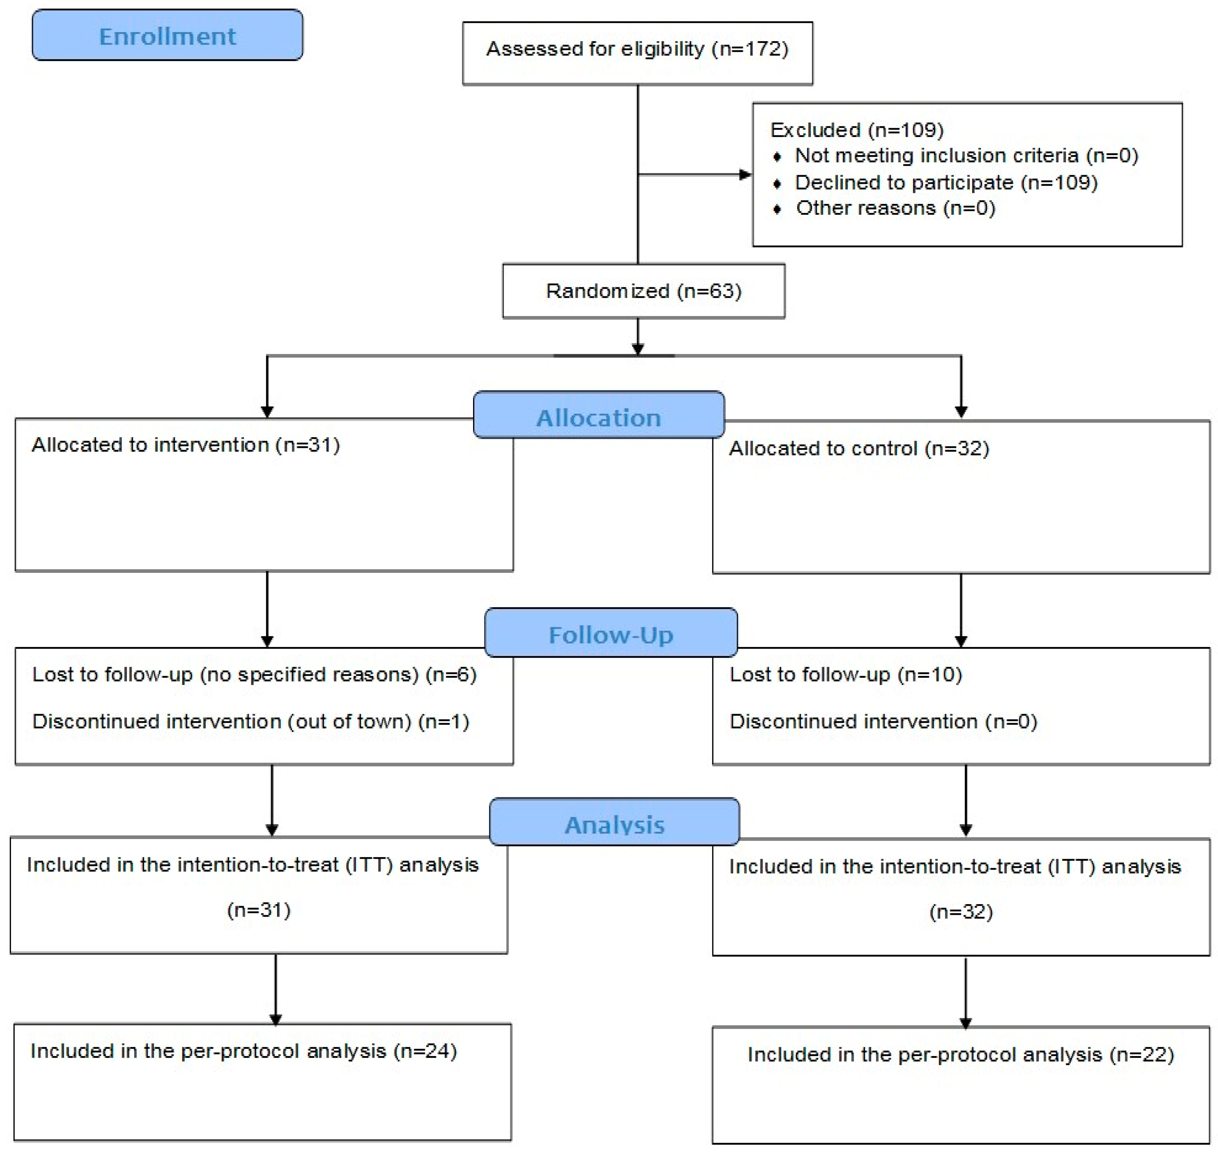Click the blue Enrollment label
[x=167, y=35]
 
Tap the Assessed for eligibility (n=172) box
[x=638, y=53]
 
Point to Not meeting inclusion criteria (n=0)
[x=967, y=155]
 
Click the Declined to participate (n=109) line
[x=946, y=182]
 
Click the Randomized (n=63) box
[x=644, y=291]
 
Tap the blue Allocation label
[x=599, y=415]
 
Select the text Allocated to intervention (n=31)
[x=186, y=444]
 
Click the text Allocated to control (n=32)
[x=859, y=448]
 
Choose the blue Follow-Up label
[x=611, y=633]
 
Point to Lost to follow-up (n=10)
[x=845, y=675]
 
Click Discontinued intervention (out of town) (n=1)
[x=251, y=722]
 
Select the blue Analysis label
[x=615, y=822]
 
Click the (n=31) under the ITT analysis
[x=259, y=910]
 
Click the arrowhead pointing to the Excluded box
[x=745, y=174]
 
